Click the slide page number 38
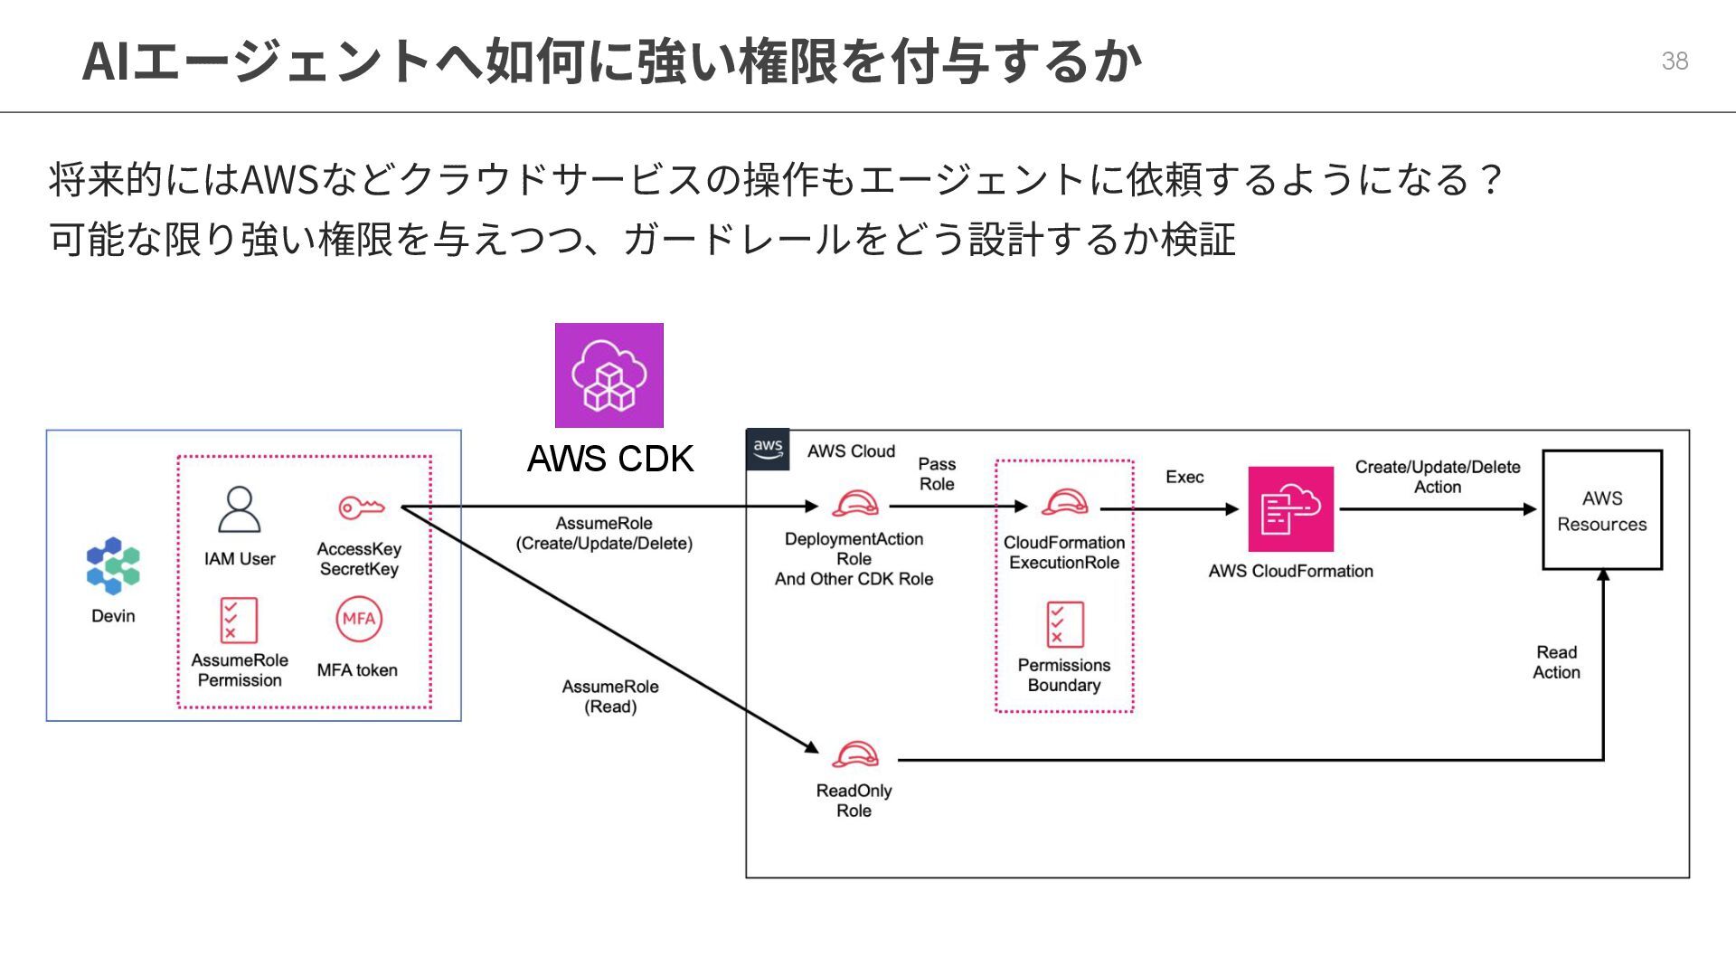point(1675,61)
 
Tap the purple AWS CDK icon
point(609,375)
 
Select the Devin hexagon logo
point(113,565)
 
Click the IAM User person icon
point(240,510)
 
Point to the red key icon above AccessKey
point(361,507)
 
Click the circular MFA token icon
point(359,620)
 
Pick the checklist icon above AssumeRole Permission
point(239,620)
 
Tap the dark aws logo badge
point(768,449)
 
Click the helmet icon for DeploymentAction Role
point(854,503)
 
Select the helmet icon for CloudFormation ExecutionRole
point(1064,502)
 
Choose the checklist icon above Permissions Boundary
point(1064,624)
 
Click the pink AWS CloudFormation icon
point(1290,508)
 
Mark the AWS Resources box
point(1601,510)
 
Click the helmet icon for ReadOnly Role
point(854,754)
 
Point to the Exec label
point(1184,477)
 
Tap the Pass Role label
point(937,474)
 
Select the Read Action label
point(1556,662)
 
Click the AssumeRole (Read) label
point(610,697)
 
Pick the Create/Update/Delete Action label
point(1437,477)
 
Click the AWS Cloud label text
point(851,451)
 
